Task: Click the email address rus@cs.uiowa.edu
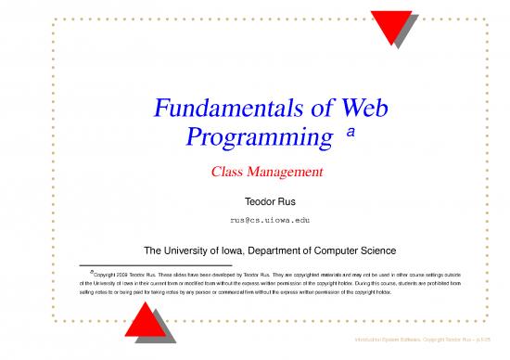click(x=255, y=220)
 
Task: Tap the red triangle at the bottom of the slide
click(x=149, y=322)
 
